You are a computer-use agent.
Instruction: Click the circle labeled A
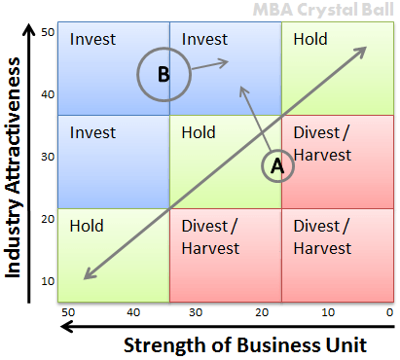click(276, 165)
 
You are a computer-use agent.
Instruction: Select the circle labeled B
click(163, 74)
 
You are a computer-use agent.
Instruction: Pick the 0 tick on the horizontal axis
click(388, 312)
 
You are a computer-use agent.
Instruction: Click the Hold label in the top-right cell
click(309, 40)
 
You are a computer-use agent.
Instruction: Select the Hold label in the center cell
click(199, 132)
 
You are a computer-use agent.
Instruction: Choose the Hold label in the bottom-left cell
click(87, 226)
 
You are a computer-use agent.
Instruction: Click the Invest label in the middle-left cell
click(92, 132)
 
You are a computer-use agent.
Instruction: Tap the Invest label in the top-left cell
click(92, 40)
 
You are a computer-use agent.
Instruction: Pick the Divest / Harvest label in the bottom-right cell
click(322, 236)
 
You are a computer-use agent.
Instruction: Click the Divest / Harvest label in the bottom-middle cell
click(211, 236)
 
